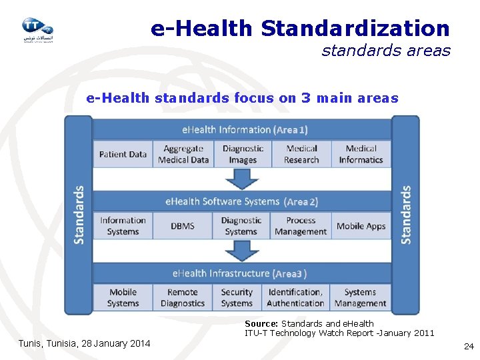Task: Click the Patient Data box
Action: click(123, 154)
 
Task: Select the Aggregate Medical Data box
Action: click(183, 154)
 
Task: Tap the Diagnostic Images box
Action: click(242, 154)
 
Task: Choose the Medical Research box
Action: click(301, 154)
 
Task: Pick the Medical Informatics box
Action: click(361, 154)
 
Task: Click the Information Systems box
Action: click(123, 226)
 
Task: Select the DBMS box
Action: click(183, 226)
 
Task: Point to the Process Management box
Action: click(301, 226)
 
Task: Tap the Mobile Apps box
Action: click(361, 226)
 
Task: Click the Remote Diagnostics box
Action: click(183, 297)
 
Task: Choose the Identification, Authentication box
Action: click(295, 297)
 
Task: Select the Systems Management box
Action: click(361, 297)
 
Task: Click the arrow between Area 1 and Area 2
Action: click(242, 179)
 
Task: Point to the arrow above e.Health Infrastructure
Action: click(242, 250)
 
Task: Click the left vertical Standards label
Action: click(79, 215)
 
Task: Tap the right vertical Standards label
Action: click(405, 215)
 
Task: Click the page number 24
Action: click(468, 346)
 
